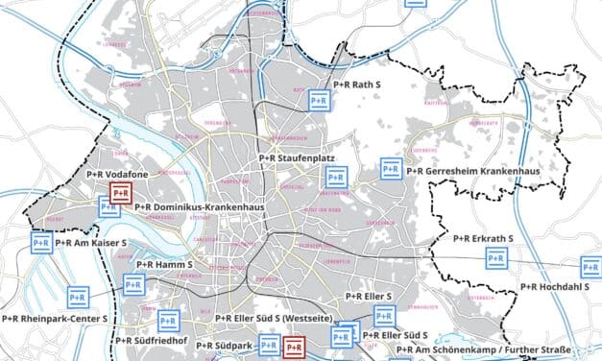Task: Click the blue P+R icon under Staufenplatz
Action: click(335, 177)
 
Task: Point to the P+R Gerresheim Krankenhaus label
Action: click(471, 171)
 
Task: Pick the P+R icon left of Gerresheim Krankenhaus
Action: click(389, 168)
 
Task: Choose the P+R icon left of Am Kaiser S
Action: click(41, 243)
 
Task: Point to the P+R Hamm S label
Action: click(165, 264)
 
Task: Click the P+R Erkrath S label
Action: click(484, 237)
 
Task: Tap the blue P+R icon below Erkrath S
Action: click(495, 257)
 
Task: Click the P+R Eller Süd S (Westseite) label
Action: click(268, 319)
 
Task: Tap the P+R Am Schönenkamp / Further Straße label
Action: click(483, 349)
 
